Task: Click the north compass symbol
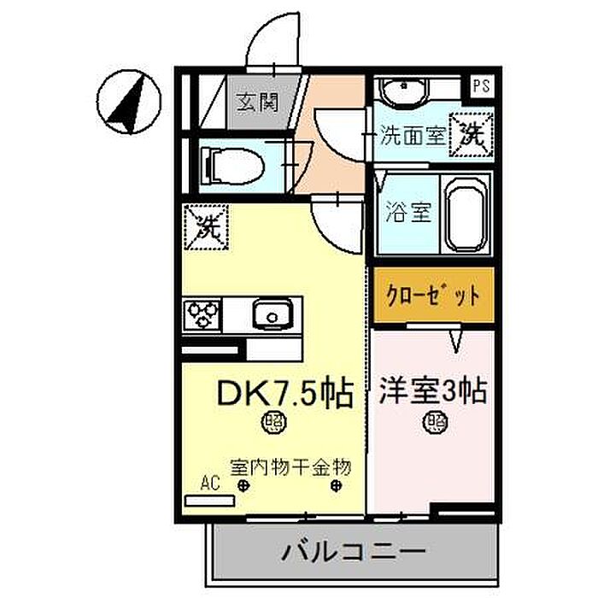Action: tap(129, 102)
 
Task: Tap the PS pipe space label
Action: tap(481, 85)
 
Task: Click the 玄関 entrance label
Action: tap(257, 103)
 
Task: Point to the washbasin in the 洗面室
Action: tap(405, 91)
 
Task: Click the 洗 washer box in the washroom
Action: tap(472, 135)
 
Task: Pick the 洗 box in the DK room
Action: tap(207, 227)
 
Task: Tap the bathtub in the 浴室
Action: tap(467, 214)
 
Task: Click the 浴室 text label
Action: tap(407, 212)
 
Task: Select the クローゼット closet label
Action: tap(433, 296)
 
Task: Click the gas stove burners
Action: tap(203, 315)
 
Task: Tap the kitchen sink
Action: tap(273, 314)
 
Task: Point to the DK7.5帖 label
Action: tap(284, 393)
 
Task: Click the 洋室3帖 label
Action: tap(433, 391)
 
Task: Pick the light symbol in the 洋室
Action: tap(435, 422)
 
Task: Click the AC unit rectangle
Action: tap(209, 501)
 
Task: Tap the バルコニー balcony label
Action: tap(353, 552)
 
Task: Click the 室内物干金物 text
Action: tap(290, 467)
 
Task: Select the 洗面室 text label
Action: tap(413, 135)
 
